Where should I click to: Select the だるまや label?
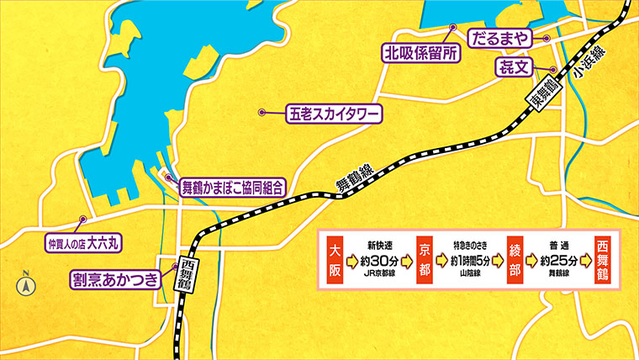pos(501,38)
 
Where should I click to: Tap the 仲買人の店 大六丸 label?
pos(83,244)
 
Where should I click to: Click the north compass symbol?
pos(26,283)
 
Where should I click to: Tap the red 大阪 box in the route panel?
pos(335,260)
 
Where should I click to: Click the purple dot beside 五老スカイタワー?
pos(262,112)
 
